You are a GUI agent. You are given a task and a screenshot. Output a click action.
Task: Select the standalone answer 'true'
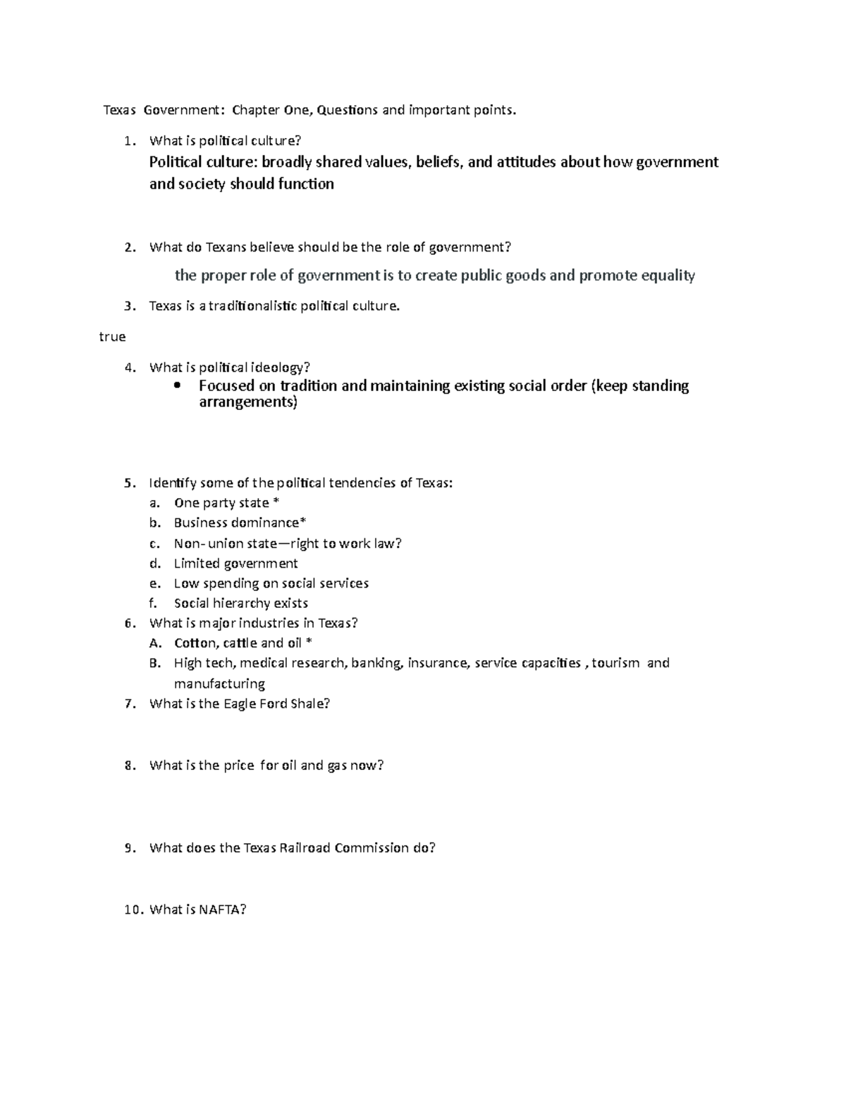click(x=112, y=337)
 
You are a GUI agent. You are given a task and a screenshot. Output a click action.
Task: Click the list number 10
click(x=133, y=909)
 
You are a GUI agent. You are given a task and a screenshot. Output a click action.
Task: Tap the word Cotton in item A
click(x=195, y=643)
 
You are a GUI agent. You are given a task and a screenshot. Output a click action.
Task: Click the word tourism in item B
click(x=615, y=663)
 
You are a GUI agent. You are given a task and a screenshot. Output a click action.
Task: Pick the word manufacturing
click(x=219, y=683)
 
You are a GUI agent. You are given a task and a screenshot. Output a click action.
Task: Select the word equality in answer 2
click(x=664, y=275)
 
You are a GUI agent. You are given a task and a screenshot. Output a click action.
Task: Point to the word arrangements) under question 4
click(x=248, y=403)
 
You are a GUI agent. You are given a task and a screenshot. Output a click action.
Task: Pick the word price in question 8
click(x=238, y=765)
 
